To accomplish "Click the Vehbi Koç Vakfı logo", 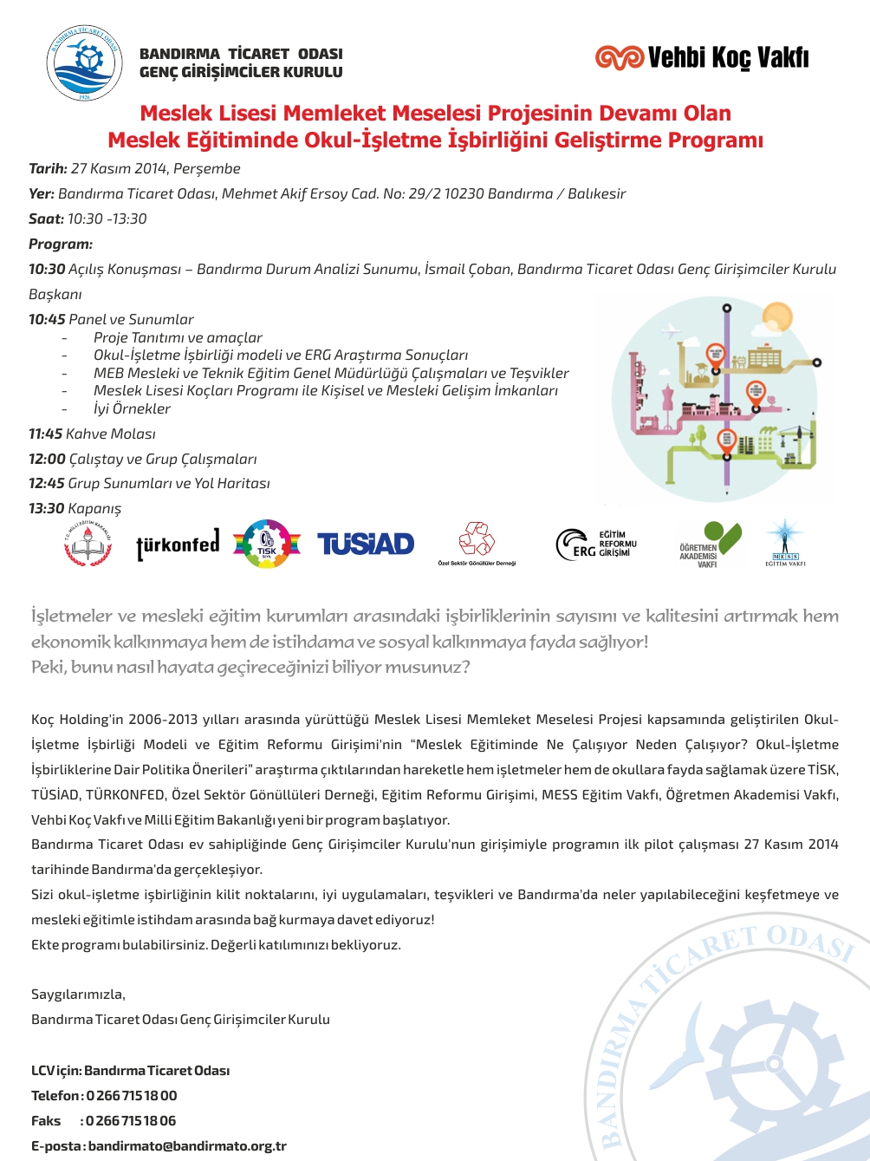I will click(702, 58).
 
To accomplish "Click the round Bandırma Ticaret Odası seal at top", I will click(84, 63).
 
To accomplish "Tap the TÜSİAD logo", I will click(366, 545).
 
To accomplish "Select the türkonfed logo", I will click(178, 545).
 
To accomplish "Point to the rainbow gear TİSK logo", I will click(267, 545).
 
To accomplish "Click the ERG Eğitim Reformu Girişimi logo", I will click(596, 544).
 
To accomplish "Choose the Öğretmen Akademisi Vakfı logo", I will click(711, 545).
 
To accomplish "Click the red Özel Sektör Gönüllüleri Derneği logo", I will click(477, 542).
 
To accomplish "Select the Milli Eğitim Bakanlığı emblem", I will click(88, 545).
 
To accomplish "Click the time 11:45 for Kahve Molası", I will click(47, 434).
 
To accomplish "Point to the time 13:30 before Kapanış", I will click(47, 509).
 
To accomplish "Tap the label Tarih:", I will click(48, 169).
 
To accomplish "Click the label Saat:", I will click(46, 219).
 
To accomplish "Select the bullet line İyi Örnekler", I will click(132, 409).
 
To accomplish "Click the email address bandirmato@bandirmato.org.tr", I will click(187, 1146).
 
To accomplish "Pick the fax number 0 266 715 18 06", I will click(131, 1121).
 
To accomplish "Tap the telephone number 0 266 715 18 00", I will click(132, 1096).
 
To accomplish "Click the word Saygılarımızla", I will click(78, 995).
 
